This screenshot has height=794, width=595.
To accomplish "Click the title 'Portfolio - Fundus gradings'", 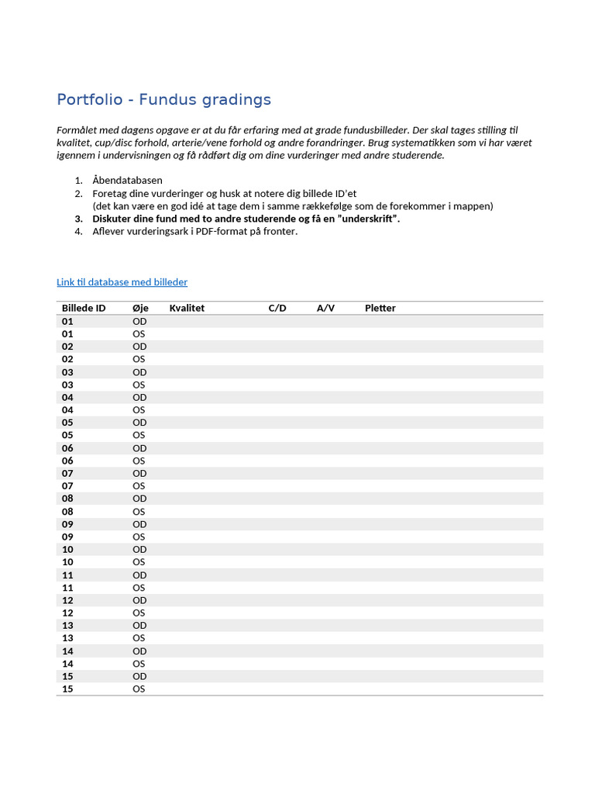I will tap(163, 100).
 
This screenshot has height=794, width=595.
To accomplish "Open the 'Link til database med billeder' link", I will tap(122, 282).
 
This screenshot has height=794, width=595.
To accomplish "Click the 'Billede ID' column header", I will tap(84, 308).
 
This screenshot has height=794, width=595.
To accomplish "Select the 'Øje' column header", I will tap(140, 308).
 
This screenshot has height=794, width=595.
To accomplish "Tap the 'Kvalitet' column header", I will tap(187, 308).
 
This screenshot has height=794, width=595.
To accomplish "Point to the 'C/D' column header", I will tap(277, 308).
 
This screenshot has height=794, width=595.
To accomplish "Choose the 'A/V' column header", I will tap(325, 308).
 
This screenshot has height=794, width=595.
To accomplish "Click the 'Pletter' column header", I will tap(380, 308).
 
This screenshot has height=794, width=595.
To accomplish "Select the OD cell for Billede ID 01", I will tap(139, 321).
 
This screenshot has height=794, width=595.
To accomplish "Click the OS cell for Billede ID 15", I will tap(139, 689).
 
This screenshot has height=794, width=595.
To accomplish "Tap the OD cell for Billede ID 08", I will tap(139, 499).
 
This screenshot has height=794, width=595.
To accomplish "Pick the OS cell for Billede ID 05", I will tap(139, 435).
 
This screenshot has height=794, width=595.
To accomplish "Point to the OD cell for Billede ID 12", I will tap(139, 600).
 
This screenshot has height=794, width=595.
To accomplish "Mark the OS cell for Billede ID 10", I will tap(139, 562).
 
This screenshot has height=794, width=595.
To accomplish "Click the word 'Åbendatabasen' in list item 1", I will tap(127, 181).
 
